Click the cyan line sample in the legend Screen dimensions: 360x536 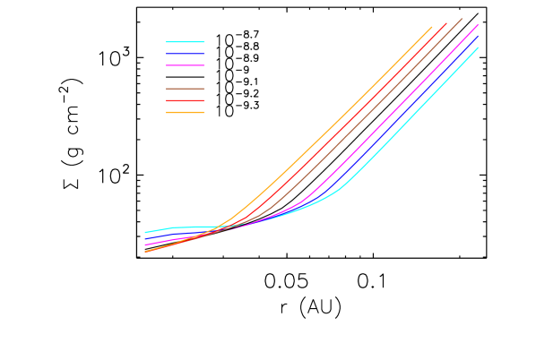186,42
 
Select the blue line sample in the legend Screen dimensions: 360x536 186,54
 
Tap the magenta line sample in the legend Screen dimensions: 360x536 186,65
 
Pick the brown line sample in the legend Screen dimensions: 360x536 186,89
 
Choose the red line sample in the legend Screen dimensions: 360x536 186,100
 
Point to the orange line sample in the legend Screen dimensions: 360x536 186,112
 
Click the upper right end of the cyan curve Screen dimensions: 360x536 478,47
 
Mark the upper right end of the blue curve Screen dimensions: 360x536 478,36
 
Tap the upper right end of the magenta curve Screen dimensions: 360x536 478,24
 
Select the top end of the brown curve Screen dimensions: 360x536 463,18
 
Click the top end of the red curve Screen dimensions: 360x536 446,23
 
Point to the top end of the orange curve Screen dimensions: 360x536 432,27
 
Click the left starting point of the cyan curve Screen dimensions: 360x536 145,232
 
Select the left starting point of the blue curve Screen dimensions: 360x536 145,239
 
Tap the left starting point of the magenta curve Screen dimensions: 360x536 145,244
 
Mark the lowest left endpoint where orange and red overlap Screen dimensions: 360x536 145,252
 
